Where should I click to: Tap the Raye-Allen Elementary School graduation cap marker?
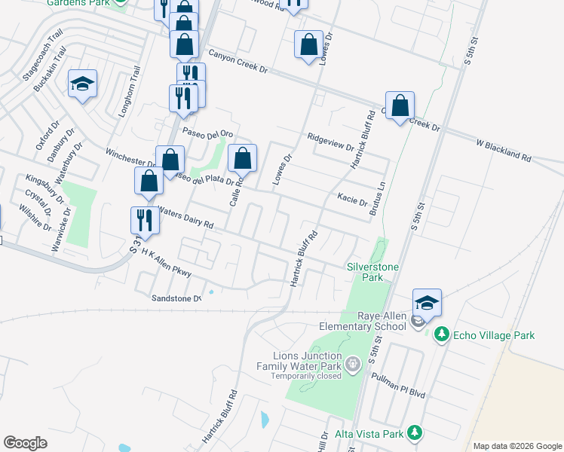point(427,303)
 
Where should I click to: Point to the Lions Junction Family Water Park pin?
point(352,367)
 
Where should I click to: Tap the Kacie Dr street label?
point(352,201)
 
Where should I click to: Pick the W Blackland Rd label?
point(504,151)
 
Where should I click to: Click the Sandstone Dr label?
point(177,298)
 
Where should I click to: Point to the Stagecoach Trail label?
point(42,57)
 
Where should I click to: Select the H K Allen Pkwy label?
point(167,262)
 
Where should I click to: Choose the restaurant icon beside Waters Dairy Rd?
point(144,220)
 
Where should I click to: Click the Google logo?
point(25,443)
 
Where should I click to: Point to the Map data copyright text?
point(516,446)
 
